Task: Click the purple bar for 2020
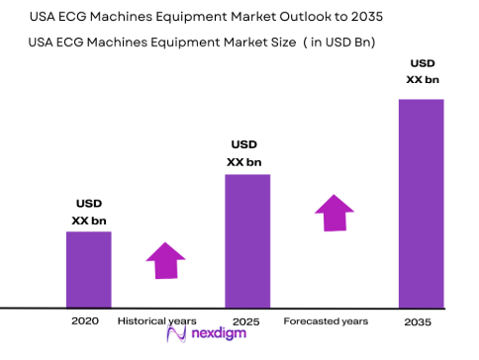(88, 269)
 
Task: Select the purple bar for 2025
(247, 240)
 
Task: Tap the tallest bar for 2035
(421, 203)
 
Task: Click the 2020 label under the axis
(86, 321)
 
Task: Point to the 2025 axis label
(246, 321)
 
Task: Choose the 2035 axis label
(420, 322)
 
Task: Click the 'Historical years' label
(156, 321)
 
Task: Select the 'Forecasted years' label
(326, 321)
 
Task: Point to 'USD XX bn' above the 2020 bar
(88, 211)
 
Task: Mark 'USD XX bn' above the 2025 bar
(246, 152)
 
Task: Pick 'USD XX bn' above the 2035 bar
(421, 70)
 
